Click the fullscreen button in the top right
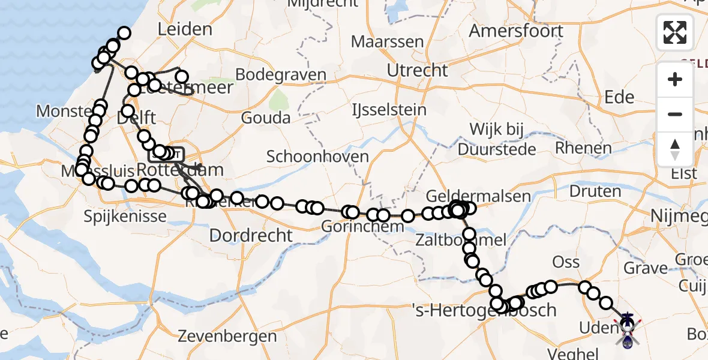(x=675, y=32)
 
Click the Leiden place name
(x=185, y=29)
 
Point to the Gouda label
(x=266, y=118)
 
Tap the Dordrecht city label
(x=251, y=235)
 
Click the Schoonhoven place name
(x=317, y=157)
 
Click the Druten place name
(x=595, y=191)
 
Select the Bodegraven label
(x=281, y=75)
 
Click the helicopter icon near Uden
(x=627, y=330)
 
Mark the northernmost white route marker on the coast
(x=124, y=34)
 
